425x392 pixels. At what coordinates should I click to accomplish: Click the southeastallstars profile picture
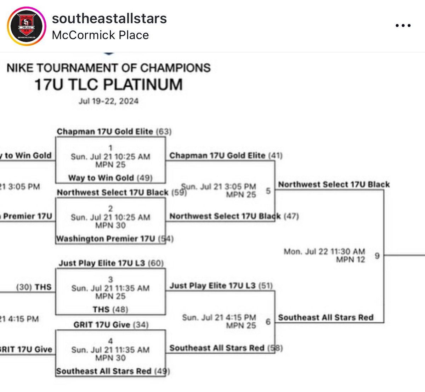coord(27,27)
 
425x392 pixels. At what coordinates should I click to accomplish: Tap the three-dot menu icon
coord(403,26)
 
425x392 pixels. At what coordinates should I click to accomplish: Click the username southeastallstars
coord(109,18)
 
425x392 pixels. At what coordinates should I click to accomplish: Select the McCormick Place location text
coord(100,35)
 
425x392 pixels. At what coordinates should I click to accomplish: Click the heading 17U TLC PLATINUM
coord(108,85)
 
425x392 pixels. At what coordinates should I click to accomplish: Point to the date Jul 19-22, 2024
coord(108,101)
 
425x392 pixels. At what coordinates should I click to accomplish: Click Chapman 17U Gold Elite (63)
coord(114,132)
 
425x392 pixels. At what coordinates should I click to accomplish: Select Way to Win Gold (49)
coord(110,178)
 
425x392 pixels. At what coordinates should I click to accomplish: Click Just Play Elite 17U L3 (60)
coord(111,263)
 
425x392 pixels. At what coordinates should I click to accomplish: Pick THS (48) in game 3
coord(110,309)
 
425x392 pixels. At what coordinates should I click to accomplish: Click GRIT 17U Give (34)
coord(111,325)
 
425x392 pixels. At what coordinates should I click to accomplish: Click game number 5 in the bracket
coord(268,191)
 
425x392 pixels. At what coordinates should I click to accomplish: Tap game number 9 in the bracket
coord(377,256)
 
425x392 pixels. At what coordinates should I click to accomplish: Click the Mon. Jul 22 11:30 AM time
coord(324,251)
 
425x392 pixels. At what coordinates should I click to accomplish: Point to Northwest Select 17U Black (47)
coord(234,216)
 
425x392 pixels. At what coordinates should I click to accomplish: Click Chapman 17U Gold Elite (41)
coord(226,155)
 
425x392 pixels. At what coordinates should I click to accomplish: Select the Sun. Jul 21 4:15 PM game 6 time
coord(219,317)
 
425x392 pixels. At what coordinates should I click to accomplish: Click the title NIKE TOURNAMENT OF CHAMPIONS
coord(108,68)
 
